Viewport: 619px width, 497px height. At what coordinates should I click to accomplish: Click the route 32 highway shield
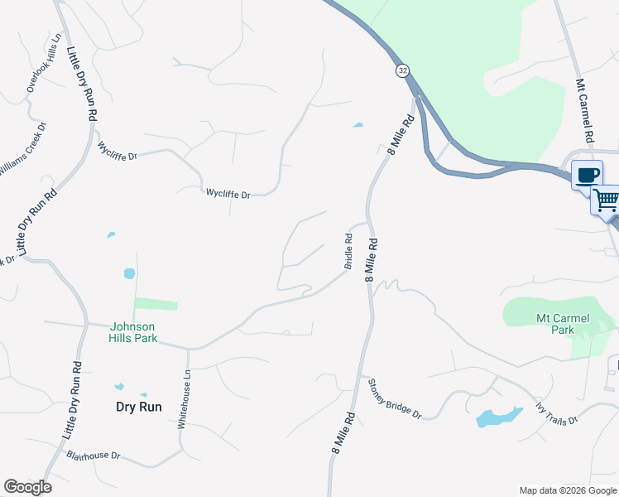(402, 71)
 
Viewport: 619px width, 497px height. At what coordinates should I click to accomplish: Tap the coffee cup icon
(587, 175)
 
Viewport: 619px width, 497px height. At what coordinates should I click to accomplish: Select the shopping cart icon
(606, 200)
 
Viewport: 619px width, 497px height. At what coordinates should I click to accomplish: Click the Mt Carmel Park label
(554, 323)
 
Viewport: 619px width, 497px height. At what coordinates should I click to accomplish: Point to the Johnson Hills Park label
(132, 332)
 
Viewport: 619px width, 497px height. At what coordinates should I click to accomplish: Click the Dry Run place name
(138, 407)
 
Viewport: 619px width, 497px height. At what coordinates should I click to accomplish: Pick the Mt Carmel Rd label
(586, 111)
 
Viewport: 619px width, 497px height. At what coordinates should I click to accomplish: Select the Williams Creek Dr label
(23, 150)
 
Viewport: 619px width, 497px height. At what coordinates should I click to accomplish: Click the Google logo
(27, 487)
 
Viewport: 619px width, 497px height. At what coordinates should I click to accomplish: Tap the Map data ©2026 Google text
(567, 490)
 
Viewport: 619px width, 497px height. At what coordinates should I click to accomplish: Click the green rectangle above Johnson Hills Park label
(156, 304)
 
